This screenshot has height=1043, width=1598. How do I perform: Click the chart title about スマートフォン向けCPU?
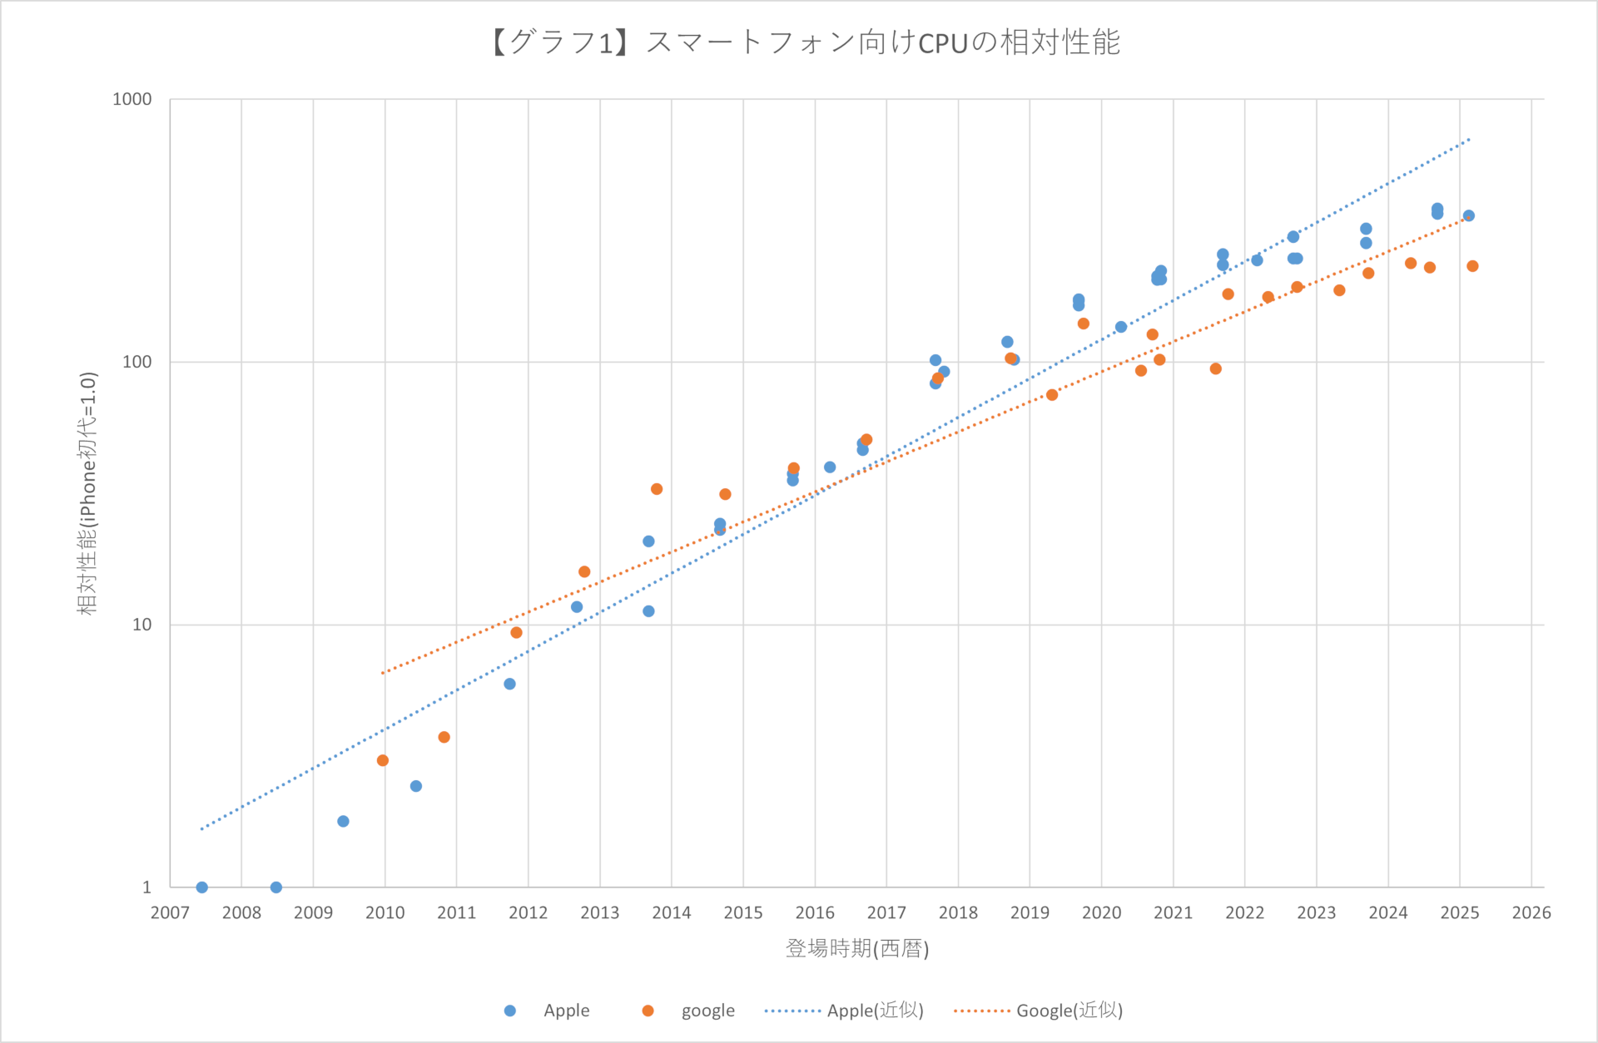805,42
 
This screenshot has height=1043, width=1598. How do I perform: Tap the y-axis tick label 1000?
132,99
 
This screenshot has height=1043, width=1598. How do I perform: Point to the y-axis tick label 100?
137,362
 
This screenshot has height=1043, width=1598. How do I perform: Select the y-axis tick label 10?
142,625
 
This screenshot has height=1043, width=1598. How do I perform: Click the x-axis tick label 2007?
170,912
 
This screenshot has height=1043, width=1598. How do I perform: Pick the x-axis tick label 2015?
743,912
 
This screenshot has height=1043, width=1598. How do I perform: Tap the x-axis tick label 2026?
1531,912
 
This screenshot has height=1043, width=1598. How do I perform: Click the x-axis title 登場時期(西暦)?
857,948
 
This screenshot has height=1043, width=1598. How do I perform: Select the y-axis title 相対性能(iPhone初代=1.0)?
87,493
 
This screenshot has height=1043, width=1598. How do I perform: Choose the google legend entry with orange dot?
688,1011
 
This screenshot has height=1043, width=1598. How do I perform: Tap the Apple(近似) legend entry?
844,1011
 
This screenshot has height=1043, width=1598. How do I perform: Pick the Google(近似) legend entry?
1038,1011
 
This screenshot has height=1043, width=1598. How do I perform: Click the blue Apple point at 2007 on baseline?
201,887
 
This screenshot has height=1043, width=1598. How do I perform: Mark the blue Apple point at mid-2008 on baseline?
276,887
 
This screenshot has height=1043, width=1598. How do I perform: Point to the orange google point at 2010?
383,760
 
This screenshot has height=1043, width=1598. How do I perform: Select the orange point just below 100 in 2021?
1216,368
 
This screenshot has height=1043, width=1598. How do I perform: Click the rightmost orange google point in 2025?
1472,266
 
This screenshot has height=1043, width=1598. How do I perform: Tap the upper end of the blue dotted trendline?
1469,140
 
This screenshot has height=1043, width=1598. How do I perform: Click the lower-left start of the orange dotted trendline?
383,672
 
